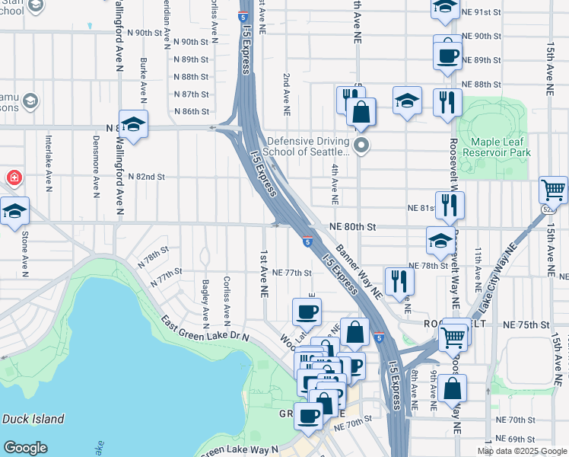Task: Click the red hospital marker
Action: (13, 178)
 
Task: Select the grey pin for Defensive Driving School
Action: (362, 145)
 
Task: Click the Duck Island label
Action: (33, 419)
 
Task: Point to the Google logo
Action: (25, 448)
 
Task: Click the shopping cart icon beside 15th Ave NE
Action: (553, 190)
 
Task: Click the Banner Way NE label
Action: (358, 268)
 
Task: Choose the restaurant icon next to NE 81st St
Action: (449, 204)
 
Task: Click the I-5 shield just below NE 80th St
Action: (306, 241)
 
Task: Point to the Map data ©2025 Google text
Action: (521, 451)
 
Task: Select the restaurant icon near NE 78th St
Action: (398, 280)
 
